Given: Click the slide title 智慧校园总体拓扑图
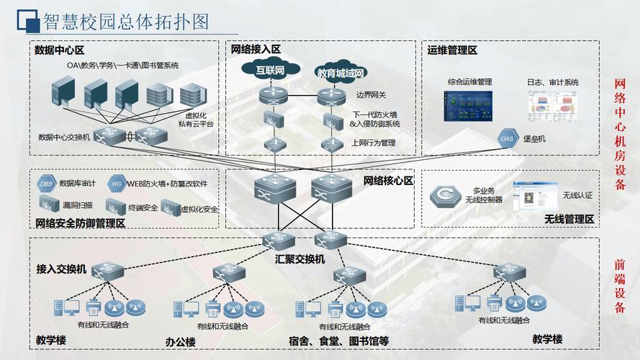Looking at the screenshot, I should [x=125, y=21].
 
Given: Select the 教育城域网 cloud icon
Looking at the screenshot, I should [x=340, y=72].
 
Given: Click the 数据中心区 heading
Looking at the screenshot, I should [x=59, y=50].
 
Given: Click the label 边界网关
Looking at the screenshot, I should [x=371, y=94].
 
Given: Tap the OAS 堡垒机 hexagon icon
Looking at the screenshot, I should [x=507, y=138].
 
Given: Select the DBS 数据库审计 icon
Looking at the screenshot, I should [x=47, y=184].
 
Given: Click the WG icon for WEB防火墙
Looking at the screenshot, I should [x=117, y=184].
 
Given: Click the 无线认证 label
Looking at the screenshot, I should [x=577, y=195].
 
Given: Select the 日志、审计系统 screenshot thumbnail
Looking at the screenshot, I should [x=552, y=109].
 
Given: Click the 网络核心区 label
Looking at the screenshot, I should [x=388, y=181].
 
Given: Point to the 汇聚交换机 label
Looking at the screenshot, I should [x=299, y=258].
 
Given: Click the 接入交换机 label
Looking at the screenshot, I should [x=61, y=269].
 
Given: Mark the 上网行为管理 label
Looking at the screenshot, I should [x=373, y=143].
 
